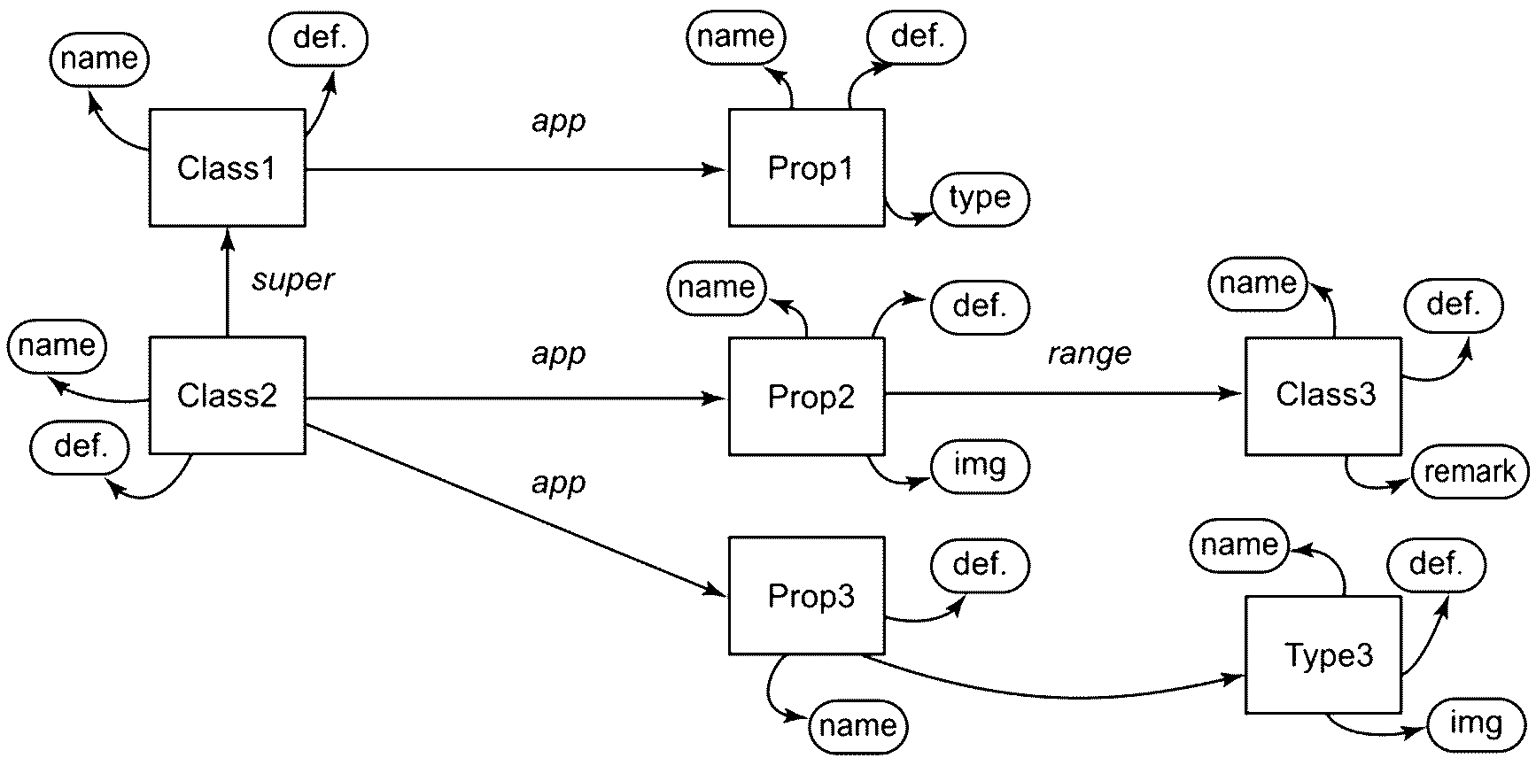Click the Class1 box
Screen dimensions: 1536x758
pyautogui.click(x=228, y=167)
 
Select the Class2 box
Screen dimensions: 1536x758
pyautogui.click(x=228, y=395)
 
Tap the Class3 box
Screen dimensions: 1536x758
pyautogui.click(x=1323, y=396)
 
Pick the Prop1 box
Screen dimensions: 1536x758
pyautogui.click(x=807, y=167)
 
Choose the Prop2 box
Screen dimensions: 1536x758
pyautogui.click(x=807, y=396)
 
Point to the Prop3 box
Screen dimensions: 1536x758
pyautogui.click(x=807, y=595)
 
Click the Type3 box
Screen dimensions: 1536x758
pyautogui.click(x=1323, y=654)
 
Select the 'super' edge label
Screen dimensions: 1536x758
pyautogui.click(x=293, y=281)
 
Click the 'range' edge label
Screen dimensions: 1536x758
pyautogui.click(x=1090, y=354)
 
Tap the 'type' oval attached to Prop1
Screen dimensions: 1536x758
pyautogui.click(x=980, y=198)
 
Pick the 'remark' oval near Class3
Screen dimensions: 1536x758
pyautogui.click(x=1470, y=472)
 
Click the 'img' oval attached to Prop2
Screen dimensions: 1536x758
pyautogui.click(x=980, y=465)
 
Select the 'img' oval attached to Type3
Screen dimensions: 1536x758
pyautogui.click(x=1476, y=723)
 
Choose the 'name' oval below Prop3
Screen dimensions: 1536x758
pyautogui.click(x=858, y=725)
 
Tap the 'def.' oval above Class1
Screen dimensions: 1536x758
pyautogui.click(x=318, y=39)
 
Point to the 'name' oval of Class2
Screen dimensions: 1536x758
pyautogui.click(x=56, y=344)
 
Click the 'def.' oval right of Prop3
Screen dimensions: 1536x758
pyautogui.click(x=980, y=564)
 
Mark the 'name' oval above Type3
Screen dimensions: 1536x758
pyautogui.click(x=1239, y=545)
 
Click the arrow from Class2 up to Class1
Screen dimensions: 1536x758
pyautogui.click(x=228, y=282)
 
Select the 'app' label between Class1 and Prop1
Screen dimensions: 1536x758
pyautogui.click(x=559, y=121)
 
